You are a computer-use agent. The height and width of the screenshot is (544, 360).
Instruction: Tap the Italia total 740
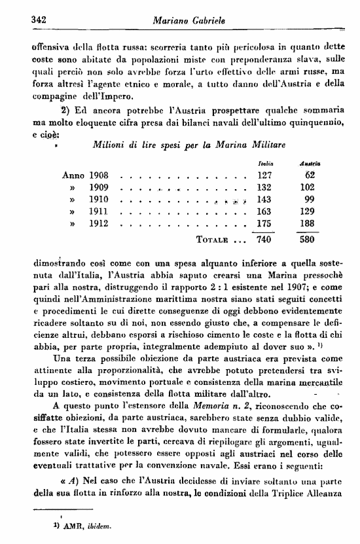tap(264, 240)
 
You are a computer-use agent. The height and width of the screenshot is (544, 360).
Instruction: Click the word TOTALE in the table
tap(211, 240)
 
